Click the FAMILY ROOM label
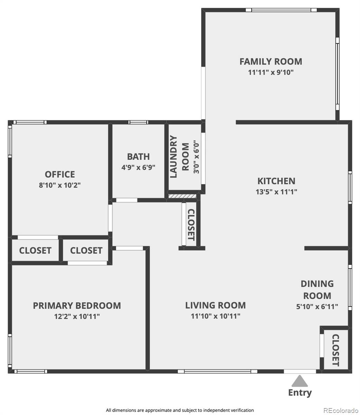click(x=271, y=62)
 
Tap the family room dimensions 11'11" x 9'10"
click(x=271, y=73)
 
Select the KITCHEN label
click(x=276, y=181)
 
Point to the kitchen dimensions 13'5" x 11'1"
click(x=276, y=192)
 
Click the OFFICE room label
click(x=60, y=174)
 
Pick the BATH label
click(x=138, y=157)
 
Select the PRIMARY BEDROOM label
click(x=77, y=306)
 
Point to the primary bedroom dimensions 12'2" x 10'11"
click(x=77, y=316)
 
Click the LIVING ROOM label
click(x=215, y=305)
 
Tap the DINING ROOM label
click(x=317, y=290)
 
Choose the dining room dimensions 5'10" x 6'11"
click(x=317, y=306)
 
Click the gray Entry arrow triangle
click(x=299, y=381)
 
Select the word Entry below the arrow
click(x=300, y=393)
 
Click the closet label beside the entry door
click(x=335, y=350)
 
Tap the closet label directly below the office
click(x=35, y=250)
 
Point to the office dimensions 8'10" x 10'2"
click(x=60, y=185)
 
